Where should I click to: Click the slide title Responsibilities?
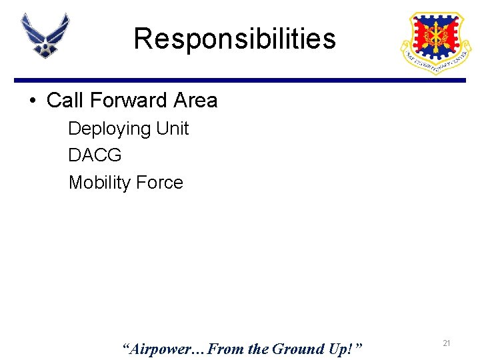pos(235,39)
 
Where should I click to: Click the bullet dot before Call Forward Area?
pos(32,101)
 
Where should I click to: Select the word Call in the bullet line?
pos(65,101)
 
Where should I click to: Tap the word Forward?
pos(128,101)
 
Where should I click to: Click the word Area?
pos(195,101)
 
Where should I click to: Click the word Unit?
pos(173,128)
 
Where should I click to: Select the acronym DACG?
pos(95,155)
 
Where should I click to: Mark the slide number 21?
pos(447,343)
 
